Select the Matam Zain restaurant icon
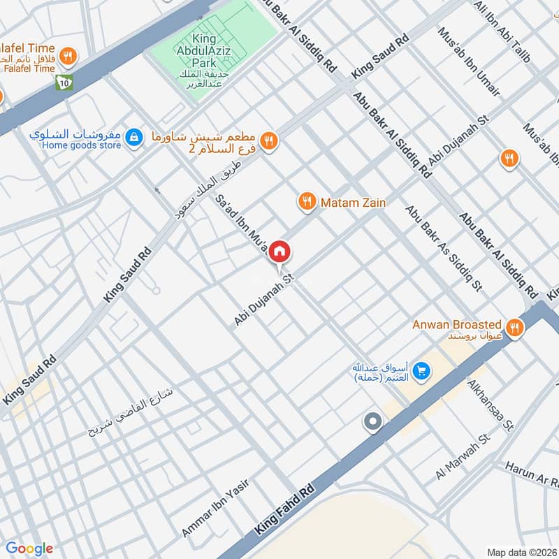click(x=306, y=203)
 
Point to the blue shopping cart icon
click(x=421, y=370)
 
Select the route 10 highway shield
click(x=64, y=82)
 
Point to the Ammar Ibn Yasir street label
click(x=215, y=507)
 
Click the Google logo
click(x=29, y=549)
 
